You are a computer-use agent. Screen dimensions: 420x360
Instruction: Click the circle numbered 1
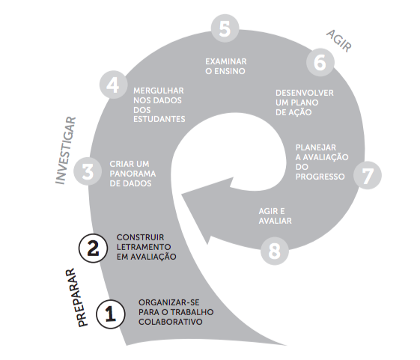tap(110, 314)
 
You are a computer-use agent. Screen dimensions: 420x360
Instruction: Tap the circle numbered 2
tap(93, 248)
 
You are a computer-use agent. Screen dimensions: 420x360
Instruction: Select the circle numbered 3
tap(88, 171)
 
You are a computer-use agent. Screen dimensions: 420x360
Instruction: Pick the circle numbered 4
tap(113, 85)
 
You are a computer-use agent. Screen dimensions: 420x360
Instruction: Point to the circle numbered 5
tap(225, 28)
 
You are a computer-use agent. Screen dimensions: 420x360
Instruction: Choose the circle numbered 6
tap(320, 62)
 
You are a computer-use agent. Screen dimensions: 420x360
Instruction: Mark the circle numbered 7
tap(368, 175)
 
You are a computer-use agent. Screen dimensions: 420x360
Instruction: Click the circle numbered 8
tap(275, 251)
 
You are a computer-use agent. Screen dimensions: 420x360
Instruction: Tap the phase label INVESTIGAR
tap(66, 150)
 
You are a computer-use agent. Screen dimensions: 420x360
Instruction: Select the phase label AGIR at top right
tap(339, 41)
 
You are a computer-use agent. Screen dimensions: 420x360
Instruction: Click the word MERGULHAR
tap(159, 91)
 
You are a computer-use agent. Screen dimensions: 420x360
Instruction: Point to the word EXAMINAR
tap(226, 61)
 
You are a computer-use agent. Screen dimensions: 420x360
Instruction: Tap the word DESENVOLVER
tap(305, 93)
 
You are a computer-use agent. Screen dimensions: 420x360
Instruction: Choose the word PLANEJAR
tap(315, 147)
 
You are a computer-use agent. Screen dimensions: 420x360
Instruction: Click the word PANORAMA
tap(133, 174)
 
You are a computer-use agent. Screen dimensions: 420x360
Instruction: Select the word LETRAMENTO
tap(144, 247)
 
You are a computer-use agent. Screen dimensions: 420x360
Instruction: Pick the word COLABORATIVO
tap(171, 322)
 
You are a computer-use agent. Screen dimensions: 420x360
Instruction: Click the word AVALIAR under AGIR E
tap(275, 221)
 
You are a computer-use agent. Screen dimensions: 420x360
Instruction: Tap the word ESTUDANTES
tap(159, 119)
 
